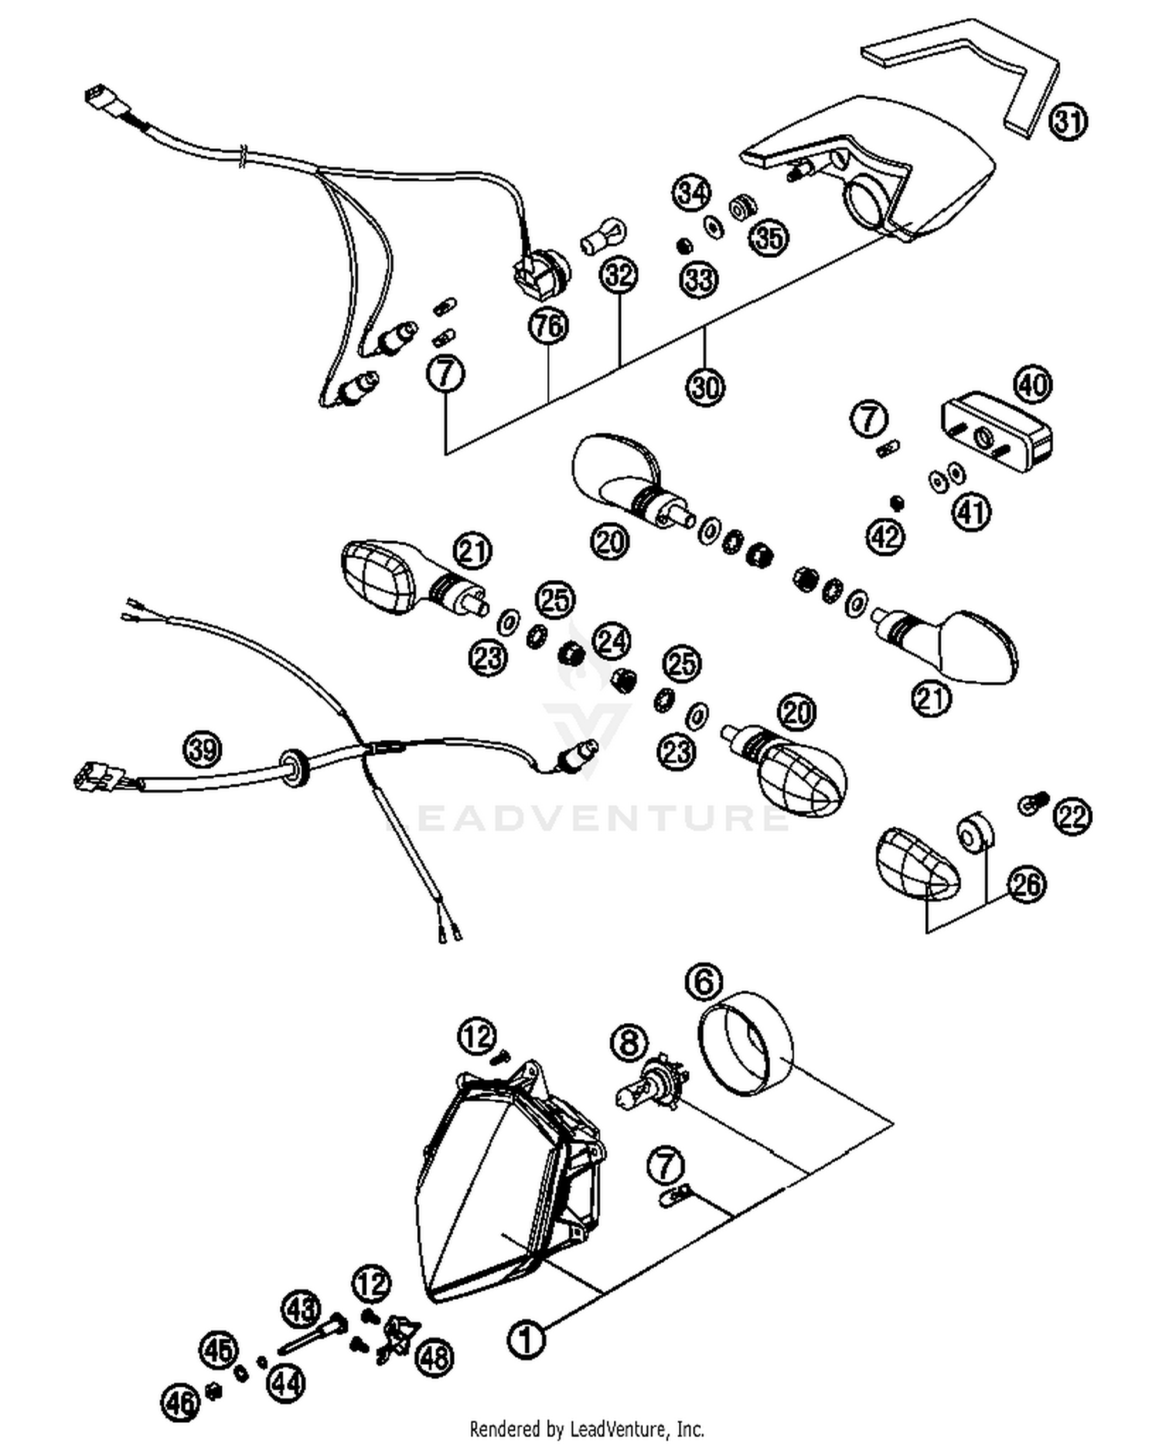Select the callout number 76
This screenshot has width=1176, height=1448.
[548, 325]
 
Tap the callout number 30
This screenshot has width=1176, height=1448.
[705, 386]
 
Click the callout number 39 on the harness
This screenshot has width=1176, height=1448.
[202, 749]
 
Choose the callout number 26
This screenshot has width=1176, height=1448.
[1027, 884]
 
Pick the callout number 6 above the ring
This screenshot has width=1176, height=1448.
[703, 981]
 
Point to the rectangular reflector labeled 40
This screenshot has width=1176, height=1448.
[996, 436]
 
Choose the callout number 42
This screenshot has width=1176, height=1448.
[885, 537]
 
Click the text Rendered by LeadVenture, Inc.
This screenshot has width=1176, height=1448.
[586, 1428]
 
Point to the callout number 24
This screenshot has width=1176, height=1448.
[611, 641]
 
